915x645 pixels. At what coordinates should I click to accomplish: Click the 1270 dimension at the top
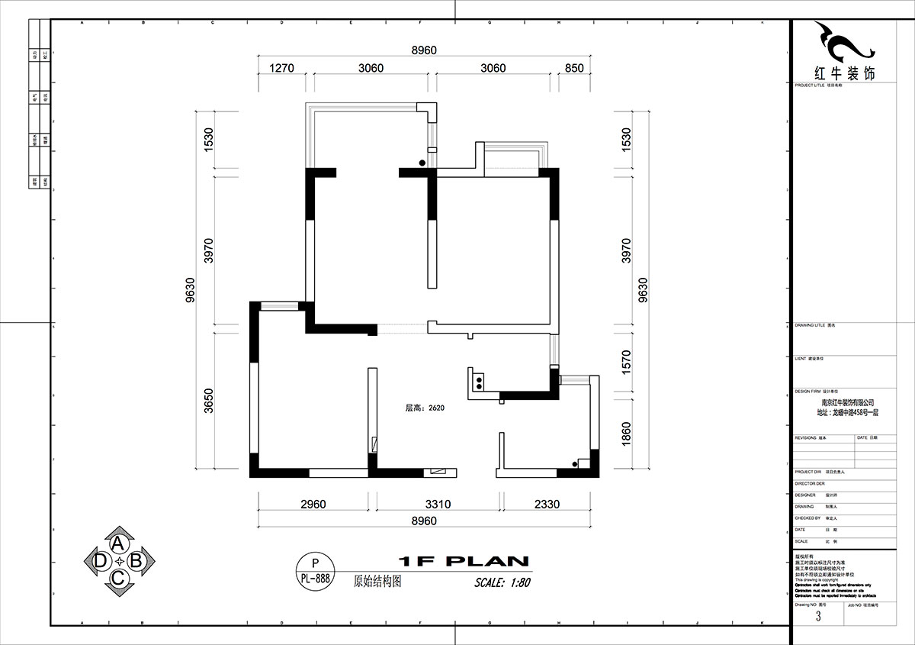[281, 68]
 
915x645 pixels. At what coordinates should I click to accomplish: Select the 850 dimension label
[574, 68]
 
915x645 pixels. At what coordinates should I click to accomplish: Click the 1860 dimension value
[627, 434]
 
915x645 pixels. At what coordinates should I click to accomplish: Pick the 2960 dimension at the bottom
[313, 504]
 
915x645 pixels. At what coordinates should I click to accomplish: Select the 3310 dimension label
[438, 504]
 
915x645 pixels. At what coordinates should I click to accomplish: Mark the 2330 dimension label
[546, 504]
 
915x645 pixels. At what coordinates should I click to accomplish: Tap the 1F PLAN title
[463, 561]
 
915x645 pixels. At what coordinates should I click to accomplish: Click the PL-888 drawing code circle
[314, 570]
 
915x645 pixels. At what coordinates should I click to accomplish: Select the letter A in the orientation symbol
[118, 543]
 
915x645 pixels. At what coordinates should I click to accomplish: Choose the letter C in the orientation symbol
[118, 579]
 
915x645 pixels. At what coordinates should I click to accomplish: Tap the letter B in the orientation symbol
[136, 561]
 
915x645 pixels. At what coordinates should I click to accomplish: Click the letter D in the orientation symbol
[101, 561]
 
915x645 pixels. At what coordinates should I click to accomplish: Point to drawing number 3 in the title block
[817, 616]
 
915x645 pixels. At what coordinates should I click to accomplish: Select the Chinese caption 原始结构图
[377, 580]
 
